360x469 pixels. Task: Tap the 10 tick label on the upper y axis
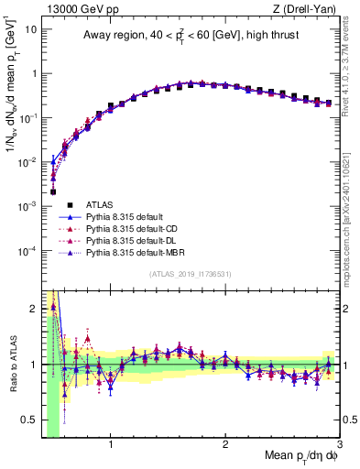30,29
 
